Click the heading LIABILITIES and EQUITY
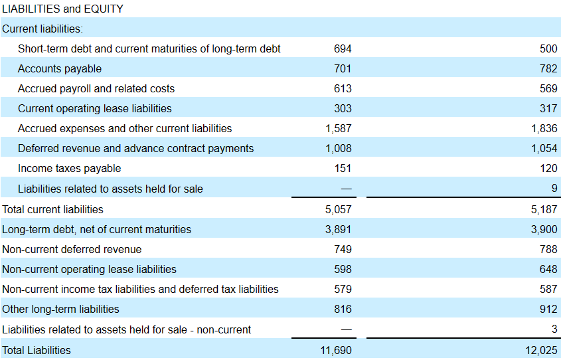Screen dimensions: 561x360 pos(62,9)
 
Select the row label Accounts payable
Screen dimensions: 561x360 pos(60,68)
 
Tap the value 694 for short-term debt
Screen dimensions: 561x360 pos(343,48)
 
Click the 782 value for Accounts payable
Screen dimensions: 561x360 pos(548,68)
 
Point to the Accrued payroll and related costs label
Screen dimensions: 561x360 pos(96,89)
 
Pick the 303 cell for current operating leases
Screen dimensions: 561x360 pos(343,108)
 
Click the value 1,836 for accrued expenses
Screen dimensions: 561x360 pos(544,128)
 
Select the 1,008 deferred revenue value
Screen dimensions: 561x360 pos(339,149)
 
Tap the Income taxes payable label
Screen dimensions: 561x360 pos(70,169)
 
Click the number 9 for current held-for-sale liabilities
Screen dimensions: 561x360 pos(554,188)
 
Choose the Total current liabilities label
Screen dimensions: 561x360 pos(52,209)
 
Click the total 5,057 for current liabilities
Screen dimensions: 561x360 pos(339,209)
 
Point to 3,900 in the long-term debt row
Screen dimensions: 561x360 pos(544,229)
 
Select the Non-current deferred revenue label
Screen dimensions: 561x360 pos(72,250)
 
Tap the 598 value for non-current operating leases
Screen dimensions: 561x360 pos(343,269)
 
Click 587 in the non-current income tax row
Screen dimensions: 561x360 pos(548,289)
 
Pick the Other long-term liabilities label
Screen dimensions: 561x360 pos(60,309)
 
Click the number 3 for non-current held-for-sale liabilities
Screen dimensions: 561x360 pos(554,329)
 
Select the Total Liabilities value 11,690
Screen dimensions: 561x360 pos(336,350)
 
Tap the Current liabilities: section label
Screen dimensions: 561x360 pos(42,29)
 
